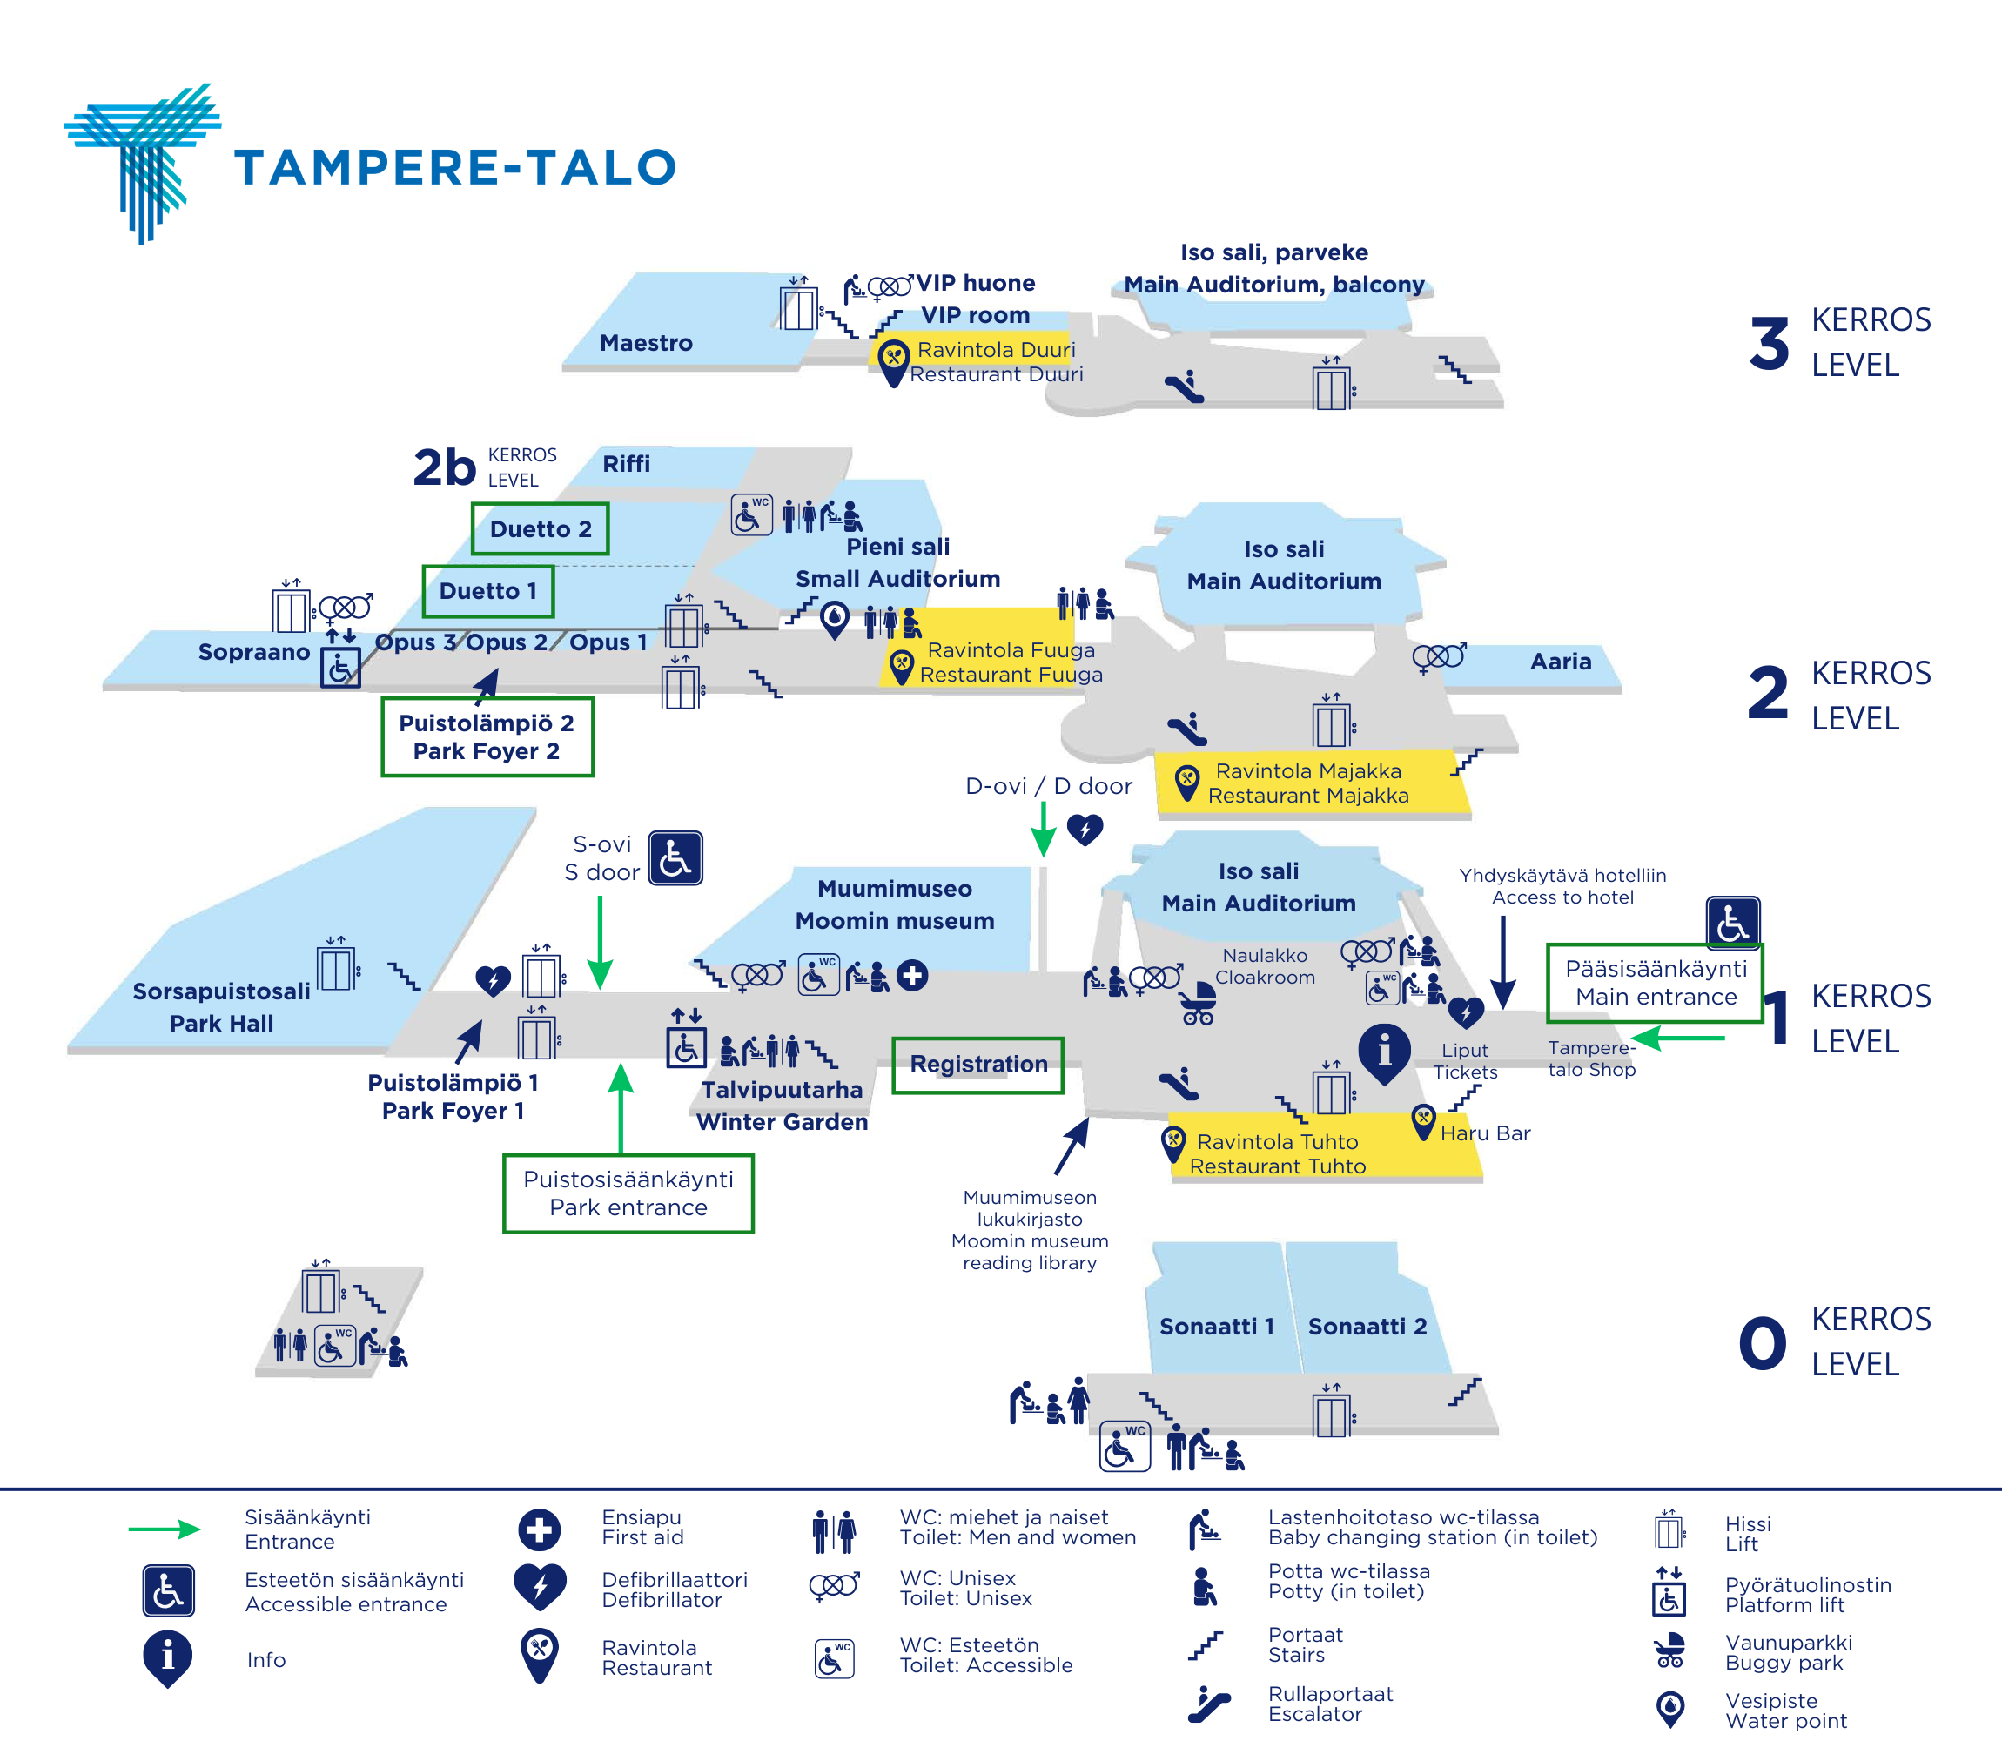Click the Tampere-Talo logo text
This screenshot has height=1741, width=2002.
click(454, 167)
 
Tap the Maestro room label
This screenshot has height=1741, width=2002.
click(646, 343)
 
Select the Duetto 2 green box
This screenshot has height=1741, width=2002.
click(540, 528)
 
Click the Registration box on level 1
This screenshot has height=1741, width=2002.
click(978, 1065)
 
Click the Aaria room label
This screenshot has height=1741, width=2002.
click(1560, 662)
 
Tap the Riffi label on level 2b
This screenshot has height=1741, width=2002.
click(626, 464)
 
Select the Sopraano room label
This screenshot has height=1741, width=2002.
click(253, 652)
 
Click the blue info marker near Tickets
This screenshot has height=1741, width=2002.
click(1384, 1052)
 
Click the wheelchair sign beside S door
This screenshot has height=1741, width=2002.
click(675, 857)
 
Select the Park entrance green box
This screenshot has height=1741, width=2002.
click(628, 1193)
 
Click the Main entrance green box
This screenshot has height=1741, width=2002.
click(1656, 982)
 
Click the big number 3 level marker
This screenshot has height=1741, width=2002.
click(1769, 344)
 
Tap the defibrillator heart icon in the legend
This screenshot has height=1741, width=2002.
click(540, 1587)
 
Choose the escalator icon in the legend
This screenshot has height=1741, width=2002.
click(1208, 1703)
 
